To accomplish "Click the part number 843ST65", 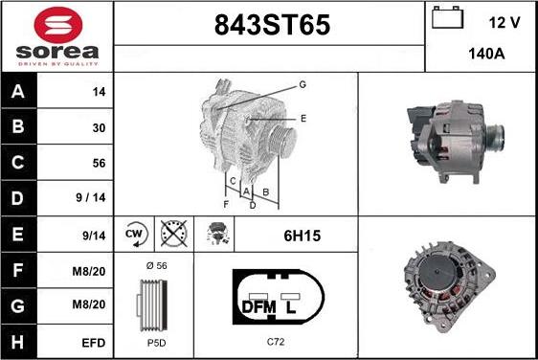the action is tap(272, 25).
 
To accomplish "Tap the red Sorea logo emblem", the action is tap(58, 25).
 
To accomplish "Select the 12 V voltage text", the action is tap(504, 23).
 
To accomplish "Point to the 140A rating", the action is tap(486, 54).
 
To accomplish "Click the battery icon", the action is tap(447, 17).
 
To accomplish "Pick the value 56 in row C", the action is tap(99, 163).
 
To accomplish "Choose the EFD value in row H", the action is tap(93, 343).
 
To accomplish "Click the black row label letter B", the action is tap(18, 126).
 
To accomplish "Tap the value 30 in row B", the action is tap(99, 128).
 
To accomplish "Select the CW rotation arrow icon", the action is tap(136, 234).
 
